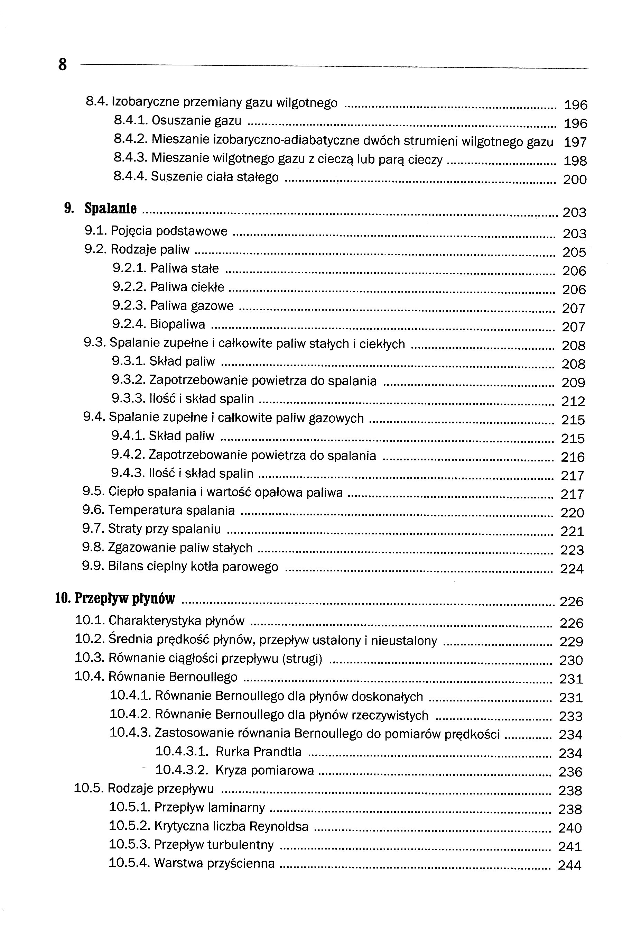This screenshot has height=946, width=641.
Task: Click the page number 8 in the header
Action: [62, 64]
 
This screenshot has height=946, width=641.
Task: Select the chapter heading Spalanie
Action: [110, 209]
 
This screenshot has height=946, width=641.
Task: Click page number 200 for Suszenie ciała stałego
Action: [575, 180]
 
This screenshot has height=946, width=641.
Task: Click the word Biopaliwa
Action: [177, 324]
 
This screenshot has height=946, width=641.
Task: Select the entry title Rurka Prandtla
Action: [258, 751]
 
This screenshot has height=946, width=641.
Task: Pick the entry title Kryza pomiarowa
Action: [264, 770]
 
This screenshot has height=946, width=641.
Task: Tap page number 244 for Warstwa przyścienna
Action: [569, 865]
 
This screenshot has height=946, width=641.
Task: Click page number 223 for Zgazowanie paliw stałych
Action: [572, 550]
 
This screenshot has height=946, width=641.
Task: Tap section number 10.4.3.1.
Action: [182, 751]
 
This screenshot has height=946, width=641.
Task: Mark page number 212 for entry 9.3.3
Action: [573, 401]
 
